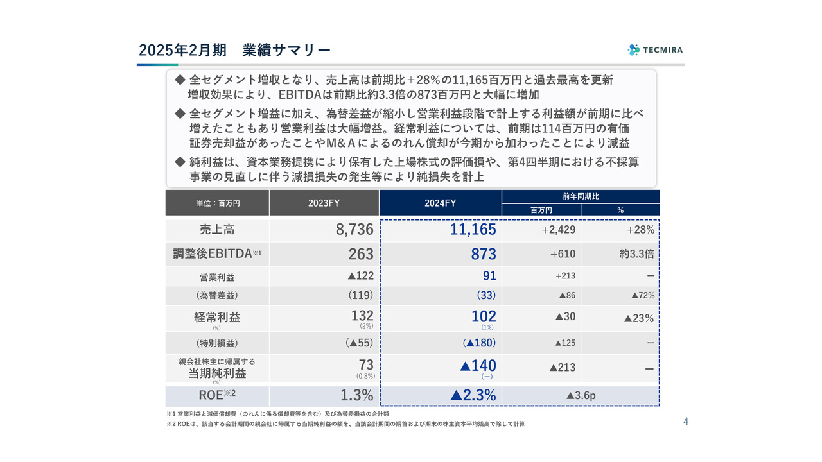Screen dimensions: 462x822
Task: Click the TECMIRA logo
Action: (x=655, y=49)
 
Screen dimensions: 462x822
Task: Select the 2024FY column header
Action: (x=440, y=203)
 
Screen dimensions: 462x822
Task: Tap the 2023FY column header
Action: (x=324, y=203)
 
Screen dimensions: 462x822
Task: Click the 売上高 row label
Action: (x=217, y=230)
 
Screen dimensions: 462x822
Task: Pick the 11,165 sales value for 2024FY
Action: (x=473, y=230)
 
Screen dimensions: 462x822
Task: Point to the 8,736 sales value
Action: (x=354, y=230)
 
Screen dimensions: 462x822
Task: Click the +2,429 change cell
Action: (x=558, y=230)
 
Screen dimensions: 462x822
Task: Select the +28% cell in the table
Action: (x=640, y=230)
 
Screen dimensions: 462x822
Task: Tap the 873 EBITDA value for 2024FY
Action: (x=484, y=254)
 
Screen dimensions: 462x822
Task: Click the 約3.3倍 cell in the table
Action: (x=637, y=254)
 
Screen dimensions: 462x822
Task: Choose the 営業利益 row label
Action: (x=217, y=277)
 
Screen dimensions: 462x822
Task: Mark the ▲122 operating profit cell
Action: (x=360, y=276)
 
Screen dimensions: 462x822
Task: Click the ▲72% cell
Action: (x=642, y=296)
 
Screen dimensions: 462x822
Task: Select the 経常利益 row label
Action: (x=217, y=317)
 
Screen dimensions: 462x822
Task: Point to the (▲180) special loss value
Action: (x=479, y=343)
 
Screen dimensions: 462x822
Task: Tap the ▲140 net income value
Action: (x=478, y=366)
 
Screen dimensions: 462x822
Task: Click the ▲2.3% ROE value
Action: (x=473, y=396)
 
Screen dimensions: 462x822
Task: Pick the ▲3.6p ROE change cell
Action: (x=581, y=396)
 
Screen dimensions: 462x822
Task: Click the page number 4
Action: (x=686, y=422)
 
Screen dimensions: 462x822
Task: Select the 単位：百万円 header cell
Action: (x=218, y=203)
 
